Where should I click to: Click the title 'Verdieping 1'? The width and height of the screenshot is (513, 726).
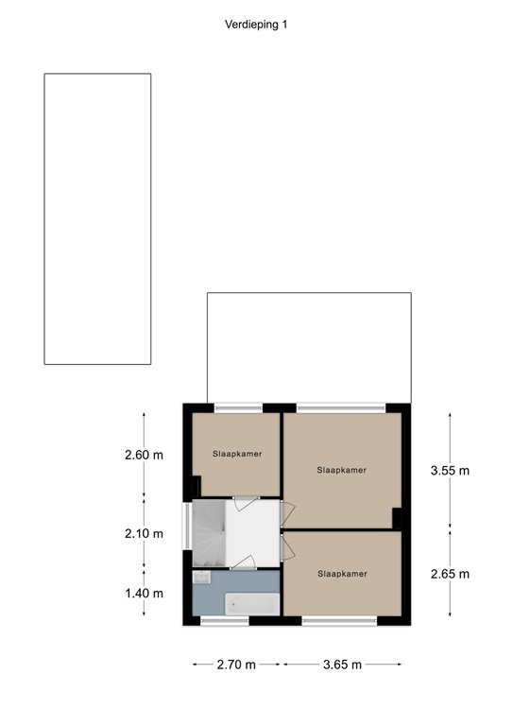(256, 25)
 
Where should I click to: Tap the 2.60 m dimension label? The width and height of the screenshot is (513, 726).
(144, 455)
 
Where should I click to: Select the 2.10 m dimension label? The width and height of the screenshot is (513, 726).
(144, 534)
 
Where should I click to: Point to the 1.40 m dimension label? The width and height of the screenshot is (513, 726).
(144, 593)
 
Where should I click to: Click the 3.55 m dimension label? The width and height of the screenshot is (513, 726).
(450, 471)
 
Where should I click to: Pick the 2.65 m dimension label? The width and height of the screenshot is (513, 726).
(450, 574)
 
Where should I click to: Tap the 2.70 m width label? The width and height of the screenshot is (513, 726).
(236, 665)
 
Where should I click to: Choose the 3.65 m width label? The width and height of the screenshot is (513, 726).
(342, 665)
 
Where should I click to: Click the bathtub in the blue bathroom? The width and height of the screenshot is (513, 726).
(252, 604)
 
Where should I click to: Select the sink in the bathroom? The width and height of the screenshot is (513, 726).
(201, 577)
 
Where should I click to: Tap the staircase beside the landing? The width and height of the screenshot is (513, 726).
(209, 533)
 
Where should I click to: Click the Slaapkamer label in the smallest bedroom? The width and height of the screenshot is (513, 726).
(237, 454)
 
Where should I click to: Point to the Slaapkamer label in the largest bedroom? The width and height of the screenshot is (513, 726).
(341, 471)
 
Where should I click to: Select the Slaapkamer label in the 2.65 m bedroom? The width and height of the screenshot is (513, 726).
(342, 574)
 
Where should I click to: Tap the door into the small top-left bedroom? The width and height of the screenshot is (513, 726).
(246, 503)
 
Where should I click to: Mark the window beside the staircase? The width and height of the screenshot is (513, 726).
(187, 527)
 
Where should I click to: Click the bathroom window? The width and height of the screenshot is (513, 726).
(224, 621)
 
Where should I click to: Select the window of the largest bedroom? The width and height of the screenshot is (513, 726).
(341, 408)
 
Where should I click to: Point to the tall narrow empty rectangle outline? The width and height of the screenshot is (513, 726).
(44, 219)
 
